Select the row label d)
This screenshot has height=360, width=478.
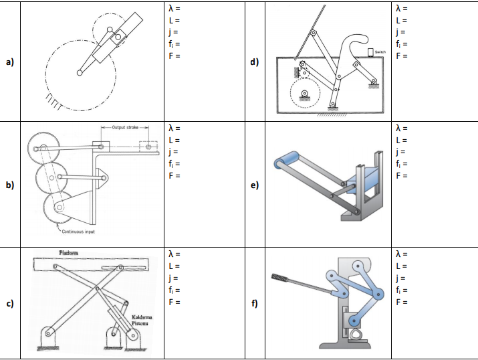coord(254,62)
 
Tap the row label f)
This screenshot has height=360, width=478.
coord(254,305)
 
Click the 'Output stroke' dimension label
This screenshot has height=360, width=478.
coord(124,127)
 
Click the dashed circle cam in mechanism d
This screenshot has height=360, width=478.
coord(306,93)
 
